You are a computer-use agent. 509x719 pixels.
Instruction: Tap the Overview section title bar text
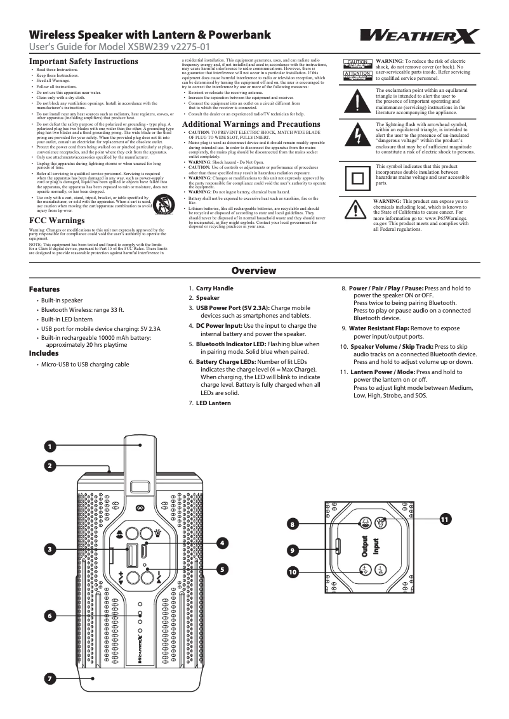254,271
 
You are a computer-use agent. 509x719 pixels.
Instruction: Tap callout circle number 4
223,543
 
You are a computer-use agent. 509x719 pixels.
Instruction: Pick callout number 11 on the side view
444,519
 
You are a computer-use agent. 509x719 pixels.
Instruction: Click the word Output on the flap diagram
365,547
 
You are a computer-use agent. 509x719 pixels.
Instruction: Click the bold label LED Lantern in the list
213,403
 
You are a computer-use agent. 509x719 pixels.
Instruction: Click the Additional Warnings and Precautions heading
251,124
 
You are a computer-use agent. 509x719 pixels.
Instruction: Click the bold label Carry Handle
215,288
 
